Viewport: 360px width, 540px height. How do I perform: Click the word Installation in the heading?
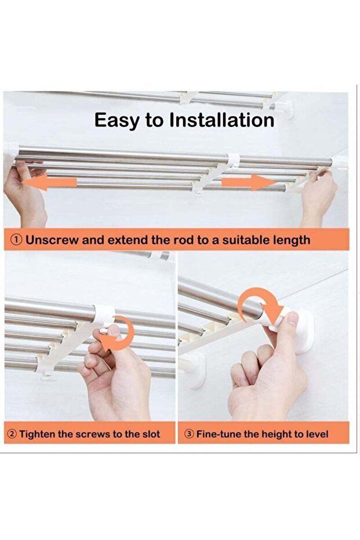[222, 120]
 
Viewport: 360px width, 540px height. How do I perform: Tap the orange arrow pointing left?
[49, 182]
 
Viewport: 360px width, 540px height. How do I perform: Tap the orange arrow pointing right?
[249, 182]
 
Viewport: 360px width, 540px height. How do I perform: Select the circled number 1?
[17, 240]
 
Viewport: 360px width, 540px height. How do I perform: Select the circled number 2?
[12, 434]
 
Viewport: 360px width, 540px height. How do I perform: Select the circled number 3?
[190, 434]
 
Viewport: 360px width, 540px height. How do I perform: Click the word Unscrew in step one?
[52, 240]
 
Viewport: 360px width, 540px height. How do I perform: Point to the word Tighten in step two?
[37, 434]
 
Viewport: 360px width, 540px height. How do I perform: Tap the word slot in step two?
[151, 434]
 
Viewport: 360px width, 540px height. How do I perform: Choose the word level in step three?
[316, 434]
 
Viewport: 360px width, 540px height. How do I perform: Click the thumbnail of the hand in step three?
[293, 318]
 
